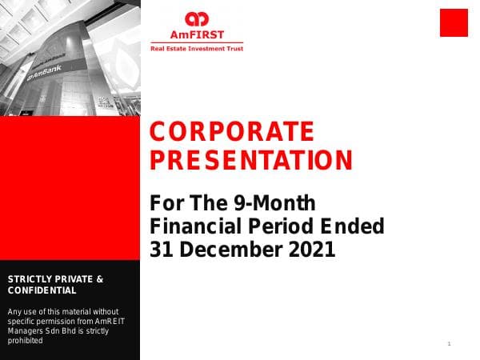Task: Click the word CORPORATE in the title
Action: click(x=232, y=131)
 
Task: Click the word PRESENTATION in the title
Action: click(x=251, y=160)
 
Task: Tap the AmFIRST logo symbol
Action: click(x=196, y=18)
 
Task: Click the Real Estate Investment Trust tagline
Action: click(x=197, y=49)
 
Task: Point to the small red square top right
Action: click(x=454, y=22)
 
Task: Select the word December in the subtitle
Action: click(x=226, y=250)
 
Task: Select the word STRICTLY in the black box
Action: click(x=33, y=279)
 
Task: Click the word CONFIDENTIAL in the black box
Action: click(x=42, y=290)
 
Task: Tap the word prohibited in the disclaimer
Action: click(x=25, y=341)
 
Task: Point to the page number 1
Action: click(x=450, y=344)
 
